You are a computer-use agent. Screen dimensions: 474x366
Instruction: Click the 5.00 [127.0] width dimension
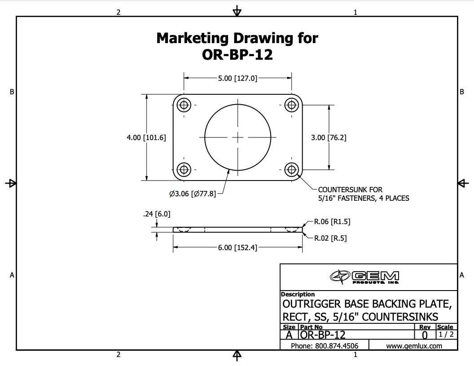[x=237, y=78]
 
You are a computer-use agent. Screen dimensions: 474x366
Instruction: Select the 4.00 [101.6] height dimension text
[x=146, y=137]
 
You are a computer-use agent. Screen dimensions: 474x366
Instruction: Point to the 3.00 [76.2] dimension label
[x=329, y=137]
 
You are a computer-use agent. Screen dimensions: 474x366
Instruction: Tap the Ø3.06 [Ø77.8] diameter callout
[x=193, y=194]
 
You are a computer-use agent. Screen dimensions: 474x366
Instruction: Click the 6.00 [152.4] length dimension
[x=237, y=248]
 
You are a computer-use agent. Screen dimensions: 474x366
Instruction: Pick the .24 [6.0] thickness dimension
[x=157, y=214]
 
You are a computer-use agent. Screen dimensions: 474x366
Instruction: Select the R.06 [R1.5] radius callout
[x=332, y=222]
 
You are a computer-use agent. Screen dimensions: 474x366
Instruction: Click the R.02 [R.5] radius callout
[x=330, y=238]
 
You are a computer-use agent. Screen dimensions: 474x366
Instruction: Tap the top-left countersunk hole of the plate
[x=184, y=105]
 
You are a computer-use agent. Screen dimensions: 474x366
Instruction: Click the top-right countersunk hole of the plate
[x=291, y=105]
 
